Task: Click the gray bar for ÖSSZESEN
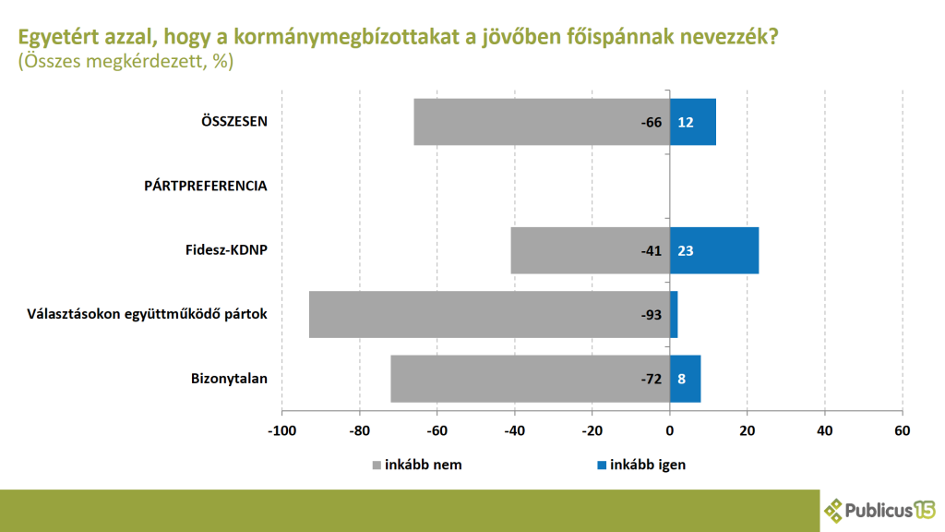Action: [541, 122]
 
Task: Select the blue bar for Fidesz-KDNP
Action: [714, 250]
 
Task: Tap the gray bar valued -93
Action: [489, 314]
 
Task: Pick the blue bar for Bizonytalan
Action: [685, 379]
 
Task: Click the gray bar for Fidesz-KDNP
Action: [590, 250]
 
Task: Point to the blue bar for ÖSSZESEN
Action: [693, 122]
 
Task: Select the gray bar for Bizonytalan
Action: [530, 379]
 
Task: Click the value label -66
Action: [652, 122]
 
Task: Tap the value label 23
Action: [686, 250]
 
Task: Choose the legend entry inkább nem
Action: [415, 465]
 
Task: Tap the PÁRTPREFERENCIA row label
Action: [206, 186]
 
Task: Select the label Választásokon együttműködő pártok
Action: [148, 314]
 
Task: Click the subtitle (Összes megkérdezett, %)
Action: [126, 62]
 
